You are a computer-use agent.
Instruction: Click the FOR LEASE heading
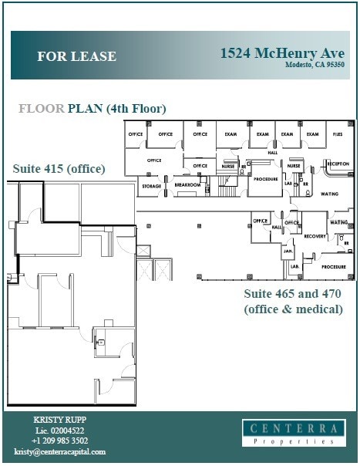pos(76,56)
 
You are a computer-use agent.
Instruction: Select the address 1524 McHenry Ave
pos(281,53)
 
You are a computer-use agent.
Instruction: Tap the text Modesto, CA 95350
pos(314,65)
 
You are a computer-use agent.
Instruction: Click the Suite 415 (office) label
pos(59,168)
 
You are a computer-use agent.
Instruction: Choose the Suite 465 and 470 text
pos(292,294)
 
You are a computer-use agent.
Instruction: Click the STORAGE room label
pos(150,186)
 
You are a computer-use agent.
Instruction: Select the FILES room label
pos(338,134)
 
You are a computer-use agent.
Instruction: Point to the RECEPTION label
pos(338,164)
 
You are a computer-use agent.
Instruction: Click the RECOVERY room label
pos(315,236)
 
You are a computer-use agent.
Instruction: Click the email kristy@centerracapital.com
pos(59,451)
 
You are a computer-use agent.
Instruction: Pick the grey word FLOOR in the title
pos(42,108)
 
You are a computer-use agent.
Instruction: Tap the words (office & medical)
pos(293,309)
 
